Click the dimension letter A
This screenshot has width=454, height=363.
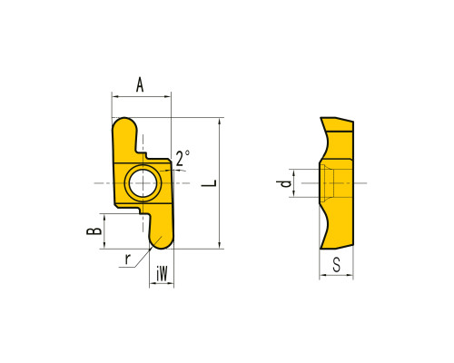140,84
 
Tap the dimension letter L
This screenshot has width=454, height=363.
209,183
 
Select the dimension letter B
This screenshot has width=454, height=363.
94,231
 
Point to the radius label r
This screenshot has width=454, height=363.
128,259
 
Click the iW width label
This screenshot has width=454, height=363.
162,274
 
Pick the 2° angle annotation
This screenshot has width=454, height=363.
183,158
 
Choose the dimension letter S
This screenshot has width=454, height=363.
336,265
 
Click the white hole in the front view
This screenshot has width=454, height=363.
143,183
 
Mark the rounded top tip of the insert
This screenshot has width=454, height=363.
123,123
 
